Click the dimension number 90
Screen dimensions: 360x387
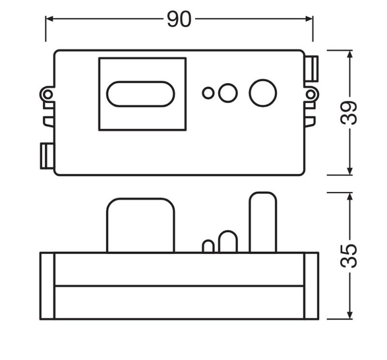tap(179, 19)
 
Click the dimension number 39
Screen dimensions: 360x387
tap(349, 113)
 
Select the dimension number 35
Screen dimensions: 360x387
tap(349, 255)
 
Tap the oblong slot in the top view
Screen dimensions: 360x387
tap(140, 94)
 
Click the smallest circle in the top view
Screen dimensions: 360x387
tap(208, 93)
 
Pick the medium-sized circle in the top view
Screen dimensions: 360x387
tap(228, 92)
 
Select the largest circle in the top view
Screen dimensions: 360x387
tap(263, 93)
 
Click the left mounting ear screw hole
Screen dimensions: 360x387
tap(47, 94)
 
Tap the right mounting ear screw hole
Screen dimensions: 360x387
tap(310, 93)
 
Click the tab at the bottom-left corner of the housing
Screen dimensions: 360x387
tap(46, 156)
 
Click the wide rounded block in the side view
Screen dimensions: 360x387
tap(140, 225)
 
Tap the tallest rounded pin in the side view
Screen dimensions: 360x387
tap(263, 222)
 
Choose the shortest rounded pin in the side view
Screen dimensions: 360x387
tap(208, 246)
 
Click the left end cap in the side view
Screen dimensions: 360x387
tap(47, 285)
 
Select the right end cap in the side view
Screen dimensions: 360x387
tap(311, 285)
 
